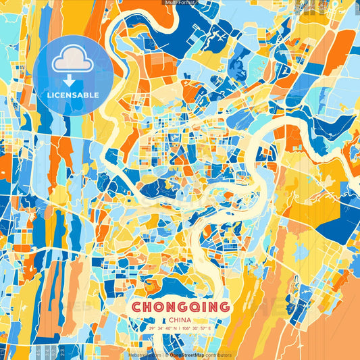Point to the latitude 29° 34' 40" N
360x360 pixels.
pos(162,328)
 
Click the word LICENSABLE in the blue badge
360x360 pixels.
pos(73,95)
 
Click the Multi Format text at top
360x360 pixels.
pos(180,3)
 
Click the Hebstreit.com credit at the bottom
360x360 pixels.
pos(144,355)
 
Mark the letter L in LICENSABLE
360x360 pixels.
pos(49,95)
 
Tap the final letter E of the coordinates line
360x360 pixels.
pos(210,328)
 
